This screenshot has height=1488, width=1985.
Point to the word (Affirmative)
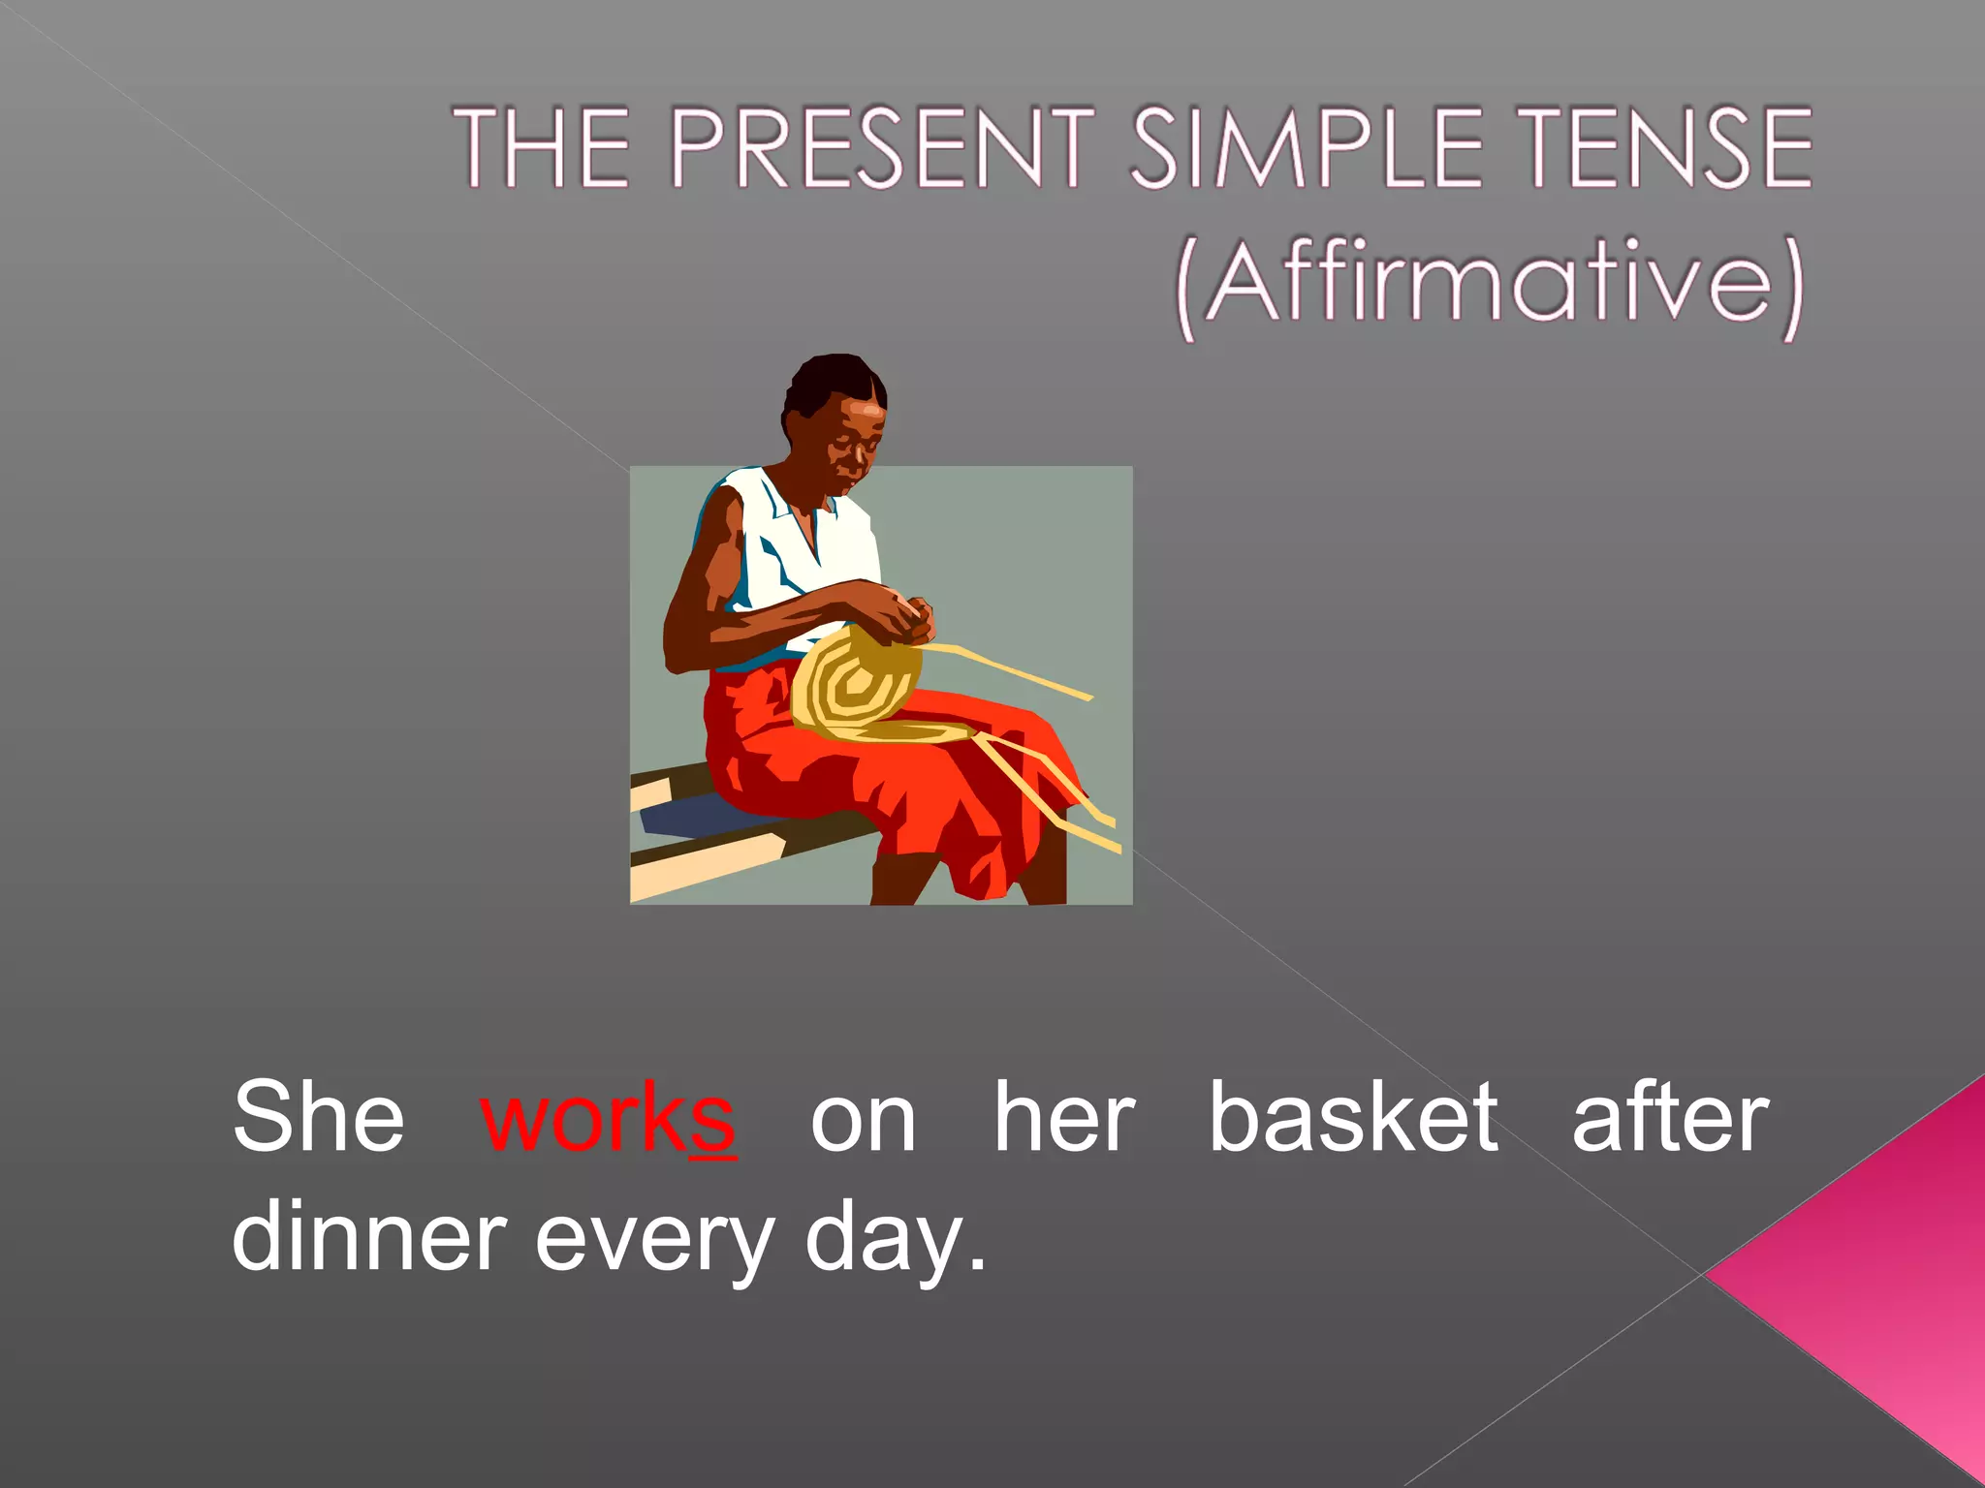click(1490, 284)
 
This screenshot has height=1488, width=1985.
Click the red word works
click(608, 1119)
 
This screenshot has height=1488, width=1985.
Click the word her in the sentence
click(1063, 1119)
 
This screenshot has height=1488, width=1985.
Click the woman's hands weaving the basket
click(906, 620)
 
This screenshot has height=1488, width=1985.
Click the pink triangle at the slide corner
click(1890, 1279)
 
